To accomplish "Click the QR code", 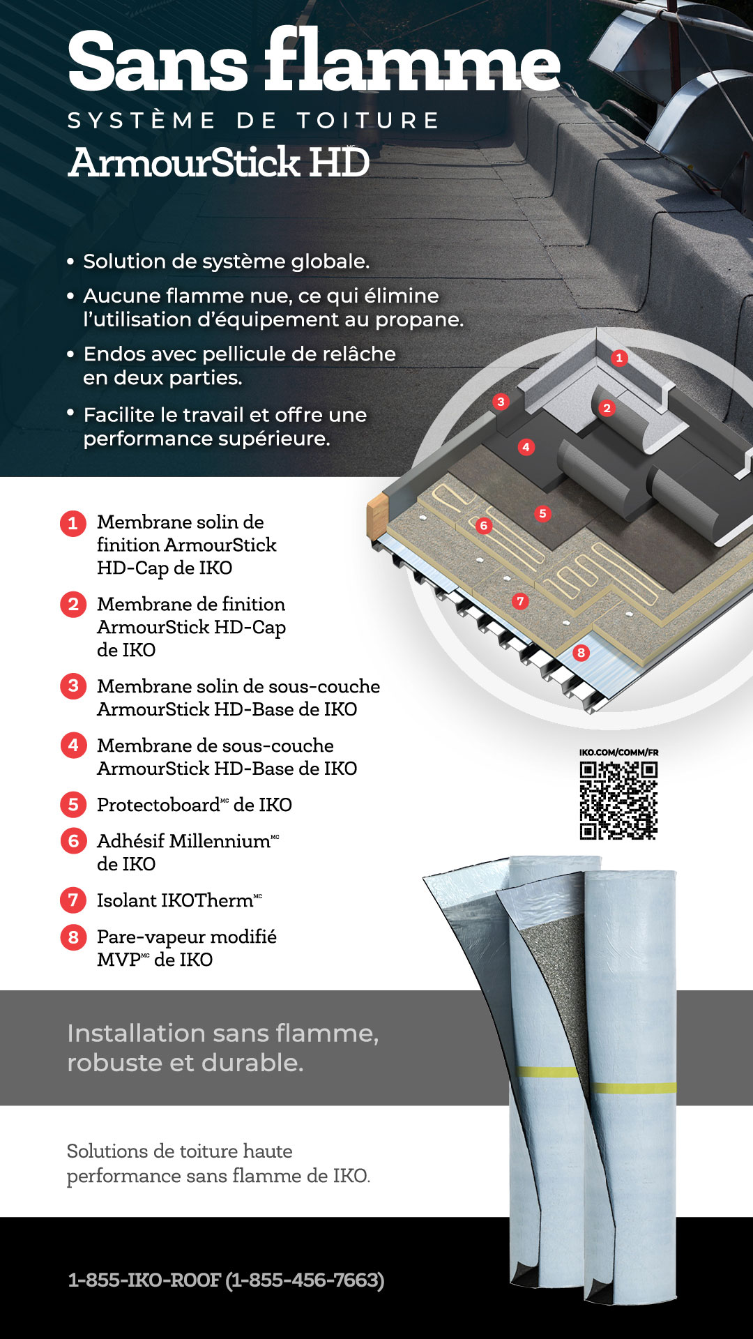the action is [618, 800].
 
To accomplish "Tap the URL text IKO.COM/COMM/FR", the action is [618, 752].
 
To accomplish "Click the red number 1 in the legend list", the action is [73, 523].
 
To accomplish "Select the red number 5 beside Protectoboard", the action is [73, 805].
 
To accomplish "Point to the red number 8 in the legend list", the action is [73, 937].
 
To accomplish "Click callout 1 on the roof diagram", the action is [619, 358].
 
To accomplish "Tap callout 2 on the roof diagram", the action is [607, 408].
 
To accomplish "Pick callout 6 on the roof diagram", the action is [483, 525].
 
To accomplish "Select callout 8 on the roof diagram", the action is [581, 653].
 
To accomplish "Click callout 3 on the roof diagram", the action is [500, 402].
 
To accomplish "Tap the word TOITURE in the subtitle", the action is [367, 121].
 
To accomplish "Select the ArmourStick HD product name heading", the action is [219, 162].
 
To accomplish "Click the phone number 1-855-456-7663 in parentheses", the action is [305, 1280].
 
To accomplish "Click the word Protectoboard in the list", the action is [158, 805].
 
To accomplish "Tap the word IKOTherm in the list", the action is [207, 900].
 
